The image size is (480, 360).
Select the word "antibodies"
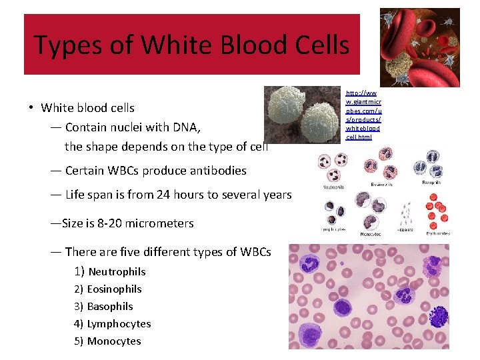point(215,171)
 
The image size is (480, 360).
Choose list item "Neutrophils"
point(117,271)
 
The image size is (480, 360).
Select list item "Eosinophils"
point(114,289)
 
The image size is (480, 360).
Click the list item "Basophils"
point(110,307)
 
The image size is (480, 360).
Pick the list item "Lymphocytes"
point(119,324)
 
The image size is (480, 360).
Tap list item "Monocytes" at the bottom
point(114,341)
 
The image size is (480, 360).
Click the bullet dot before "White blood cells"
point(31,108)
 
